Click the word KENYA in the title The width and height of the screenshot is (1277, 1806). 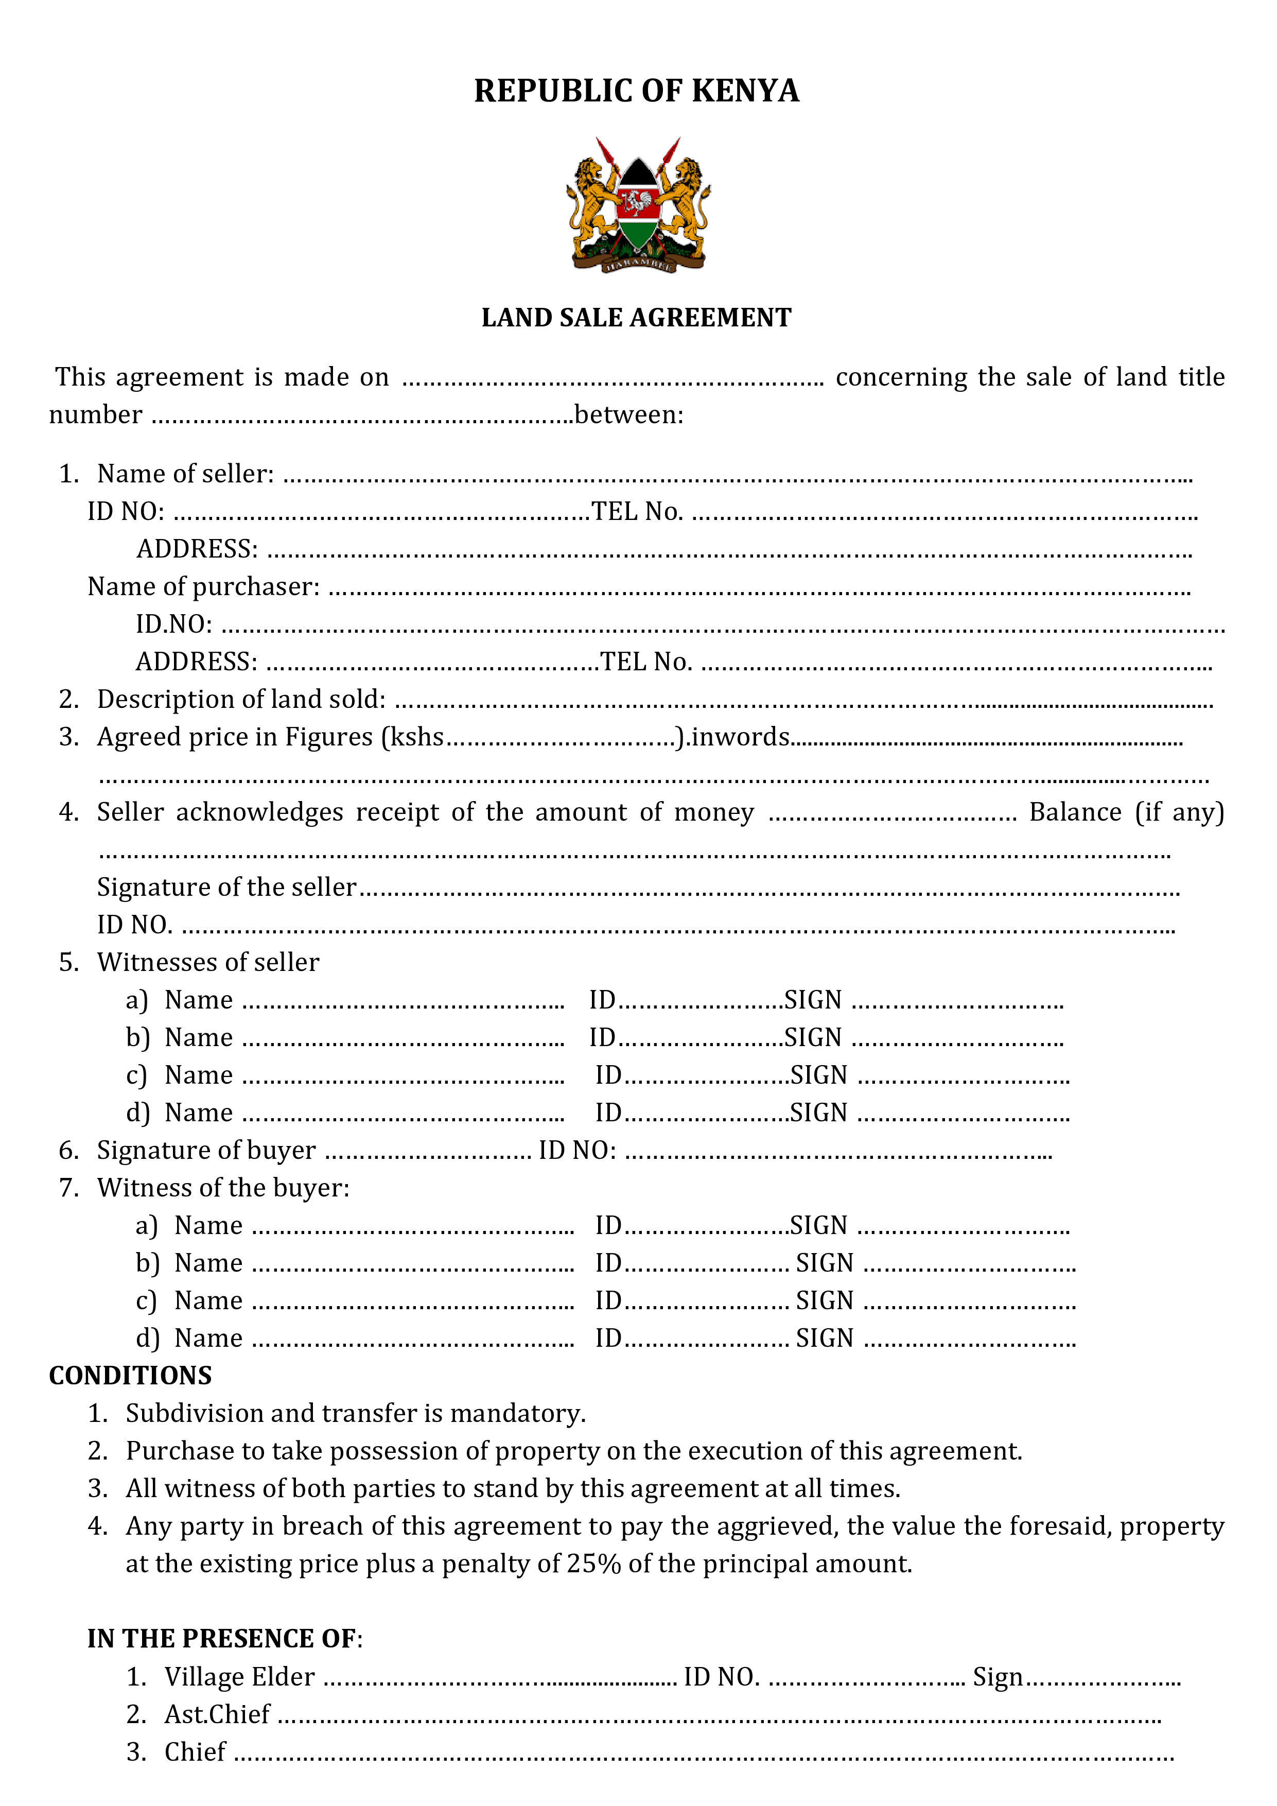point(745,91)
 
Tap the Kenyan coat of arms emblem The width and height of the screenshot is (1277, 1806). point(638,206)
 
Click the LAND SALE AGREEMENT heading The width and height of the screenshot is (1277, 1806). point(636,318)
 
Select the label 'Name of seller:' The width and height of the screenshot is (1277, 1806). point(186,474)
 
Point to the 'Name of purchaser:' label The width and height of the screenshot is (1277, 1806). point(204,587)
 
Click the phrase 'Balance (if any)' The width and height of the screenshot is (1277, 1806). point(1126,812)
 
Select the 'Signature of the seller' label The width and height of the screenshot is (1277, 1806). point(226,887)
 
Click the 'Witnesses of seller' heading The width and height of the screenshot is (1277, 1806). point(208,963)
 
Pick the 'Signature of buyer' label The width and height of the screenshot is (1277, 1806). point(206,1151)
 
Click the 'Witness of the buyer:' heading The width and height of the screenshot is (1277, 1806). point(223,1188)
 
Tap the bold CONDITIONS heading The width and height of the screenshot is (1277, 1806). point(131,1376)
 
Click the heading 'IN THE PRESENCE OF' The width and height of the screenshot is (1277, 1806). point(222,1639)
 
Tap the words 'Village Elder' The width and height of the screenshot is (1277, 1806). point(240,1677)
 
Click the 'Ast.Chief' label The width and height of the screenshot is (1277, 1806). point(217,1715)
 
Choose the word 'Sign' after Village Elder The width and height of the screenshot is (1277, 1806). point(997,1677)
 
